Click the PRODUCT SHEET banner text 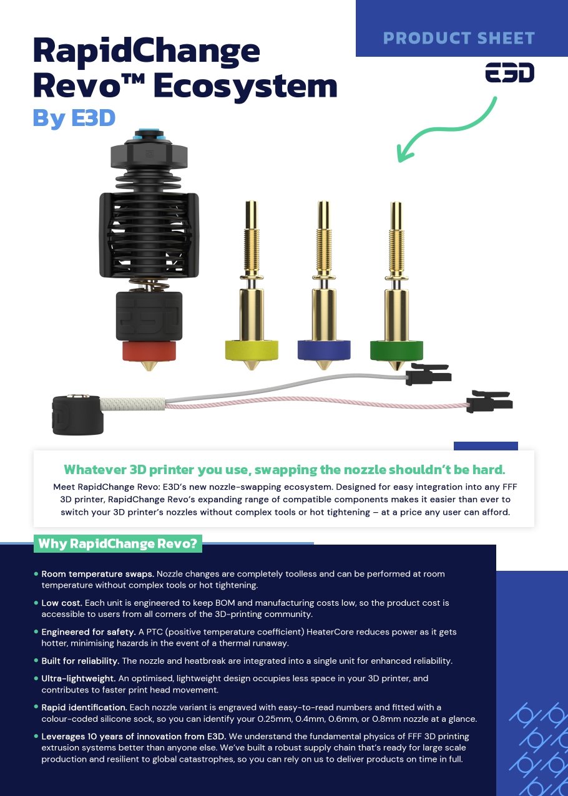(x=459, y=38)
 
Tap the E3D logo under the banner (x=510, y=72)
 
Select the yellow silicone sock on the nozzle (x=252, y=350)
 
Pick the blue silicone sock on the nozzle (x=324, y=350)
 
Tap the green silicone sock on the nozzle (x=396, y=351)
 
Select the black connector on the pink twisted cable (x=489, y=402)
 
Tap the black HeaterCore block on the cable (x=77, y=415)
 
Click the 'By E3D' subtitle (x=74, y=118)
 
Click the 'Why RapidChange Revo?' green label (x=118, y=544)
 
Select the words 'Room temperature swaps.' (x=97, y=574)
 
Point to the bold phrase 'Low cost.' (x=62, y=603)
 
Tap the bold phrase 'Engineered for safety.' (x=89, y=632)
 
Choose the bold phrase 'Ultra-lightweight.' (x=79, y=678)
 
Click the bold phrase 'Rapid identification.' (x=84, y=707)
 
